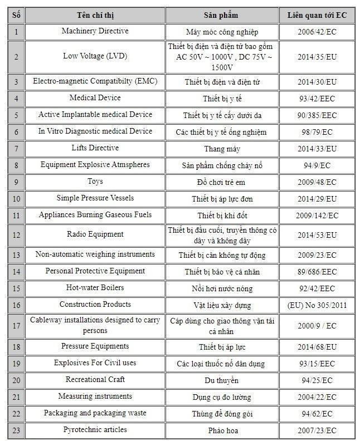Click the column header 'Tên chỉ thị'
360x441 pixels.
tap(95, 15)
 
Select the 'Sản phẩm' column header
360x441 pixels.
tap(222, 15)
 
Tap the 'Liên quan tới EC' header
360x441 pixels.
tap(317, 15)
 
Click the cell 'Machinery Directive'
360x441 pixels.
tap(95, 31)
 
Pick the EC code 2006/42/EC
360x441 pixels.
tap(317, 32)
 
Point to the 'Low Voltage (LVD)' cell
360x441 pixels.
tap(95, 56)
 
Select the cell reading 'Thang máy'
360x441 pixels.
tap(222, 149)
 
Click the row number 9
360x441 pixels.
tap(16, 182)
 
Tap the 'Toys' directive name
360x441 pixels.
tap(95, 182)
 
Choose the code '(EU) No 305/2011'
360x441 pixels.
tap(317, 305)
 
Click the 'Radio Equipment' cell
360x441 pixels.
tap(95, 234)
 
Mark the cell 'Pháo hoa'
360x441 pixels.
tap(222, 430)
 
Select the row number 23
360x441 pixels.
tap(16, 430)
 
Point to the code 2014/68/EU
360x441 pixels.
tap(317, 347)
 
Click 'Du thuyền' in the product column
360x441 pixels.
tap(222, 380)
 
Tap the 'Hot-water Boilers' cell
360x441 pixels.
tap(95, 288)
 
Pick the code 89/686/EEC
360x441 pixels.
tap(317, 272)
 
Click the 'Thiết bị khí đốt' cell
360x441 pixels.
tap(222, 215)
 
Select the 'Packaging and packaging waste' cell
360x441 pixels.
tap(95, 413)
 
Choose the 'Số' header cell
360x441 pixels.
tap(16, 15)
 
